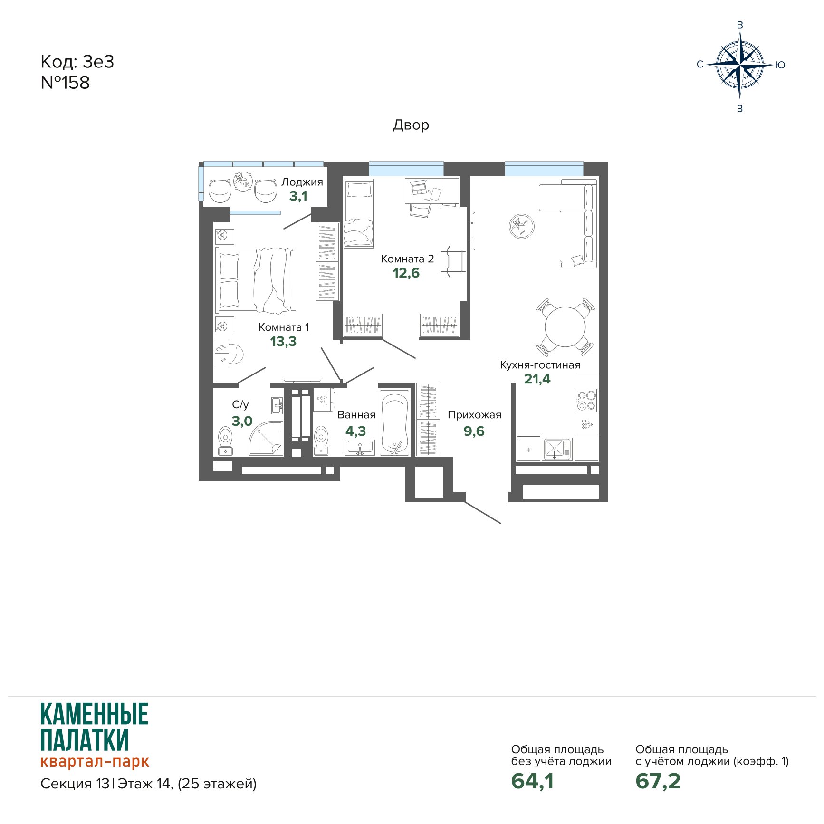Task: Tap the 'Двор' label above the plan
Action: [x=411, y=125]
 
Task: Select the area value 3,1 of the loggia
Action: [x=298, y=196]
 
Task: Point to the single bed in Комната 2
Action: [x=358, y=213]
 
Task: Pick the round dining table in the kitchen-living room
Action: [x=565, y=327]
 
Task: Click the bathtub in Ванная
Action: [x=394, y=422]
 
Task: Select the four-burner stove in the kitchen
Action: [x=586, y=400]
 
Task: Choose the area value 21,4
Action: [x=537, y=379]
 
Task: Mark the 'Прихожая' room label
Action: [x=474, y=415]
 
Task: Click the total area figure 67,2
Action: [x=658, y=781]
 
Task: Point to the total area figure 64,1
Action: [x=532, y=781]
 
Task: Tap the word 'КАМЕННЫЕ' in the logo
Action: [x=94, y=714]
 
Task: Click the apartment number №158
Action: [x=65, y=83]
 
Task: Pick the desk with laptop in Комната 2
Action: [x=432, y=192]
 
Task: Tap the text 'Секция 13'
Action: [x=75, y=783]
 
